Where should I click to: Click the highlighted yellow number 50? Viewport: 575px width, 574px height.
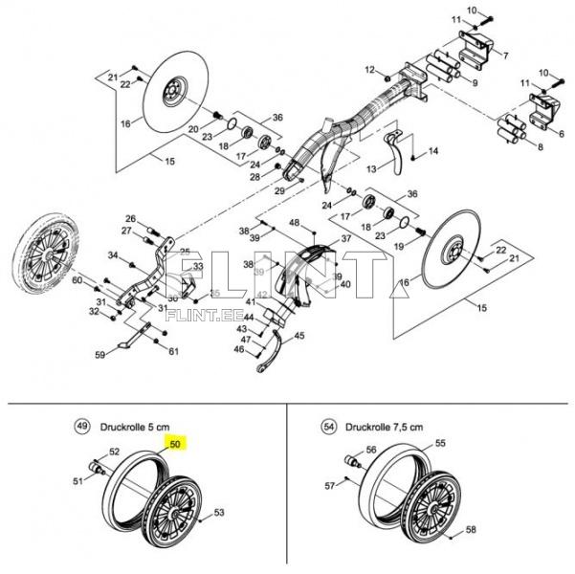(x=175, y=444)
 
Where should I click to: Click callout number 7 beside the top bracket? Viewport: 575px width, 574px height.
(x=504, y=54)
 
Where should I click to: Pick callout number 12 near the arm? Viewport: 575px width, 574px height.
(x=369, y=69)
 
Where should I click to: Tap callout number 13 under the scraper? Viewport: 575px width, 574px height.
(x=372, y=168)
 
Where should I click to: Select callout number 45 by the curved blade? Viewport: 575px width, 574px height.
(x=299, y=336)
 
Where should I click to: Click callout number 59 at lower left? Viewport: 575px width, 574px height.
(x=99, y=356)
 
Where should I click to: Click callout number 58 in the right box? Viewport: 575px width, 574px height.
(x=470, y=529)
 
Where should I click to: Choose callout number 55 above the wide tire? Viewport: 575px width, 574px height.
(x=441, y=444)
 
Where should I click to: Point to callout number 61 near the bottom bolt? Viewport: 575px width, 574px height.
(x=173, y=352)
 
